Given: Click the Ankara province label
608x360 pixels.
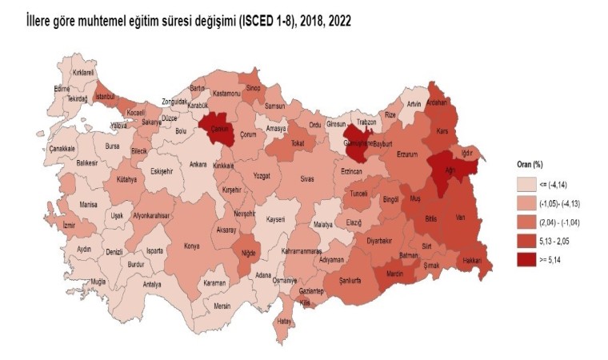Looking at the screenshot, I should tap(198, 165).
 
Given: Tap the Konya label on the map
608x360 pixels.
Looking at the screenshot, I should tap(192, 246).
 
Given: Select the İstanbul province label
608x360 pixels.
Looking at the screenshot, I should tap(106, 98).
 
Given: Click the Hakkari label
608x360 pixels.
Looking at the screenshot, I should tap(471, 261).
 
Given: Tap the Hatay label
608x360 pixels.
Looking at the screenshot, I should tap(283, 321).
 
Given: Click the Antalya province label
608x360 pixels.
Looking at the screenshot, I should tap(151, 284).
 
